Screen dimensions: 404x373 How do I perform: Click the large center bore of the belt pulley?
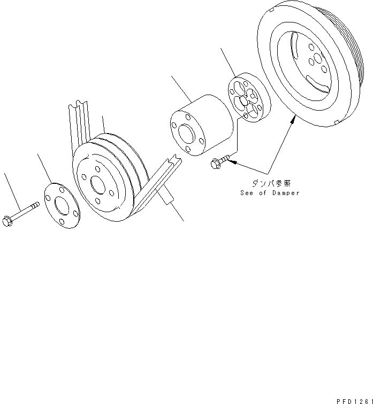tap(98, 184)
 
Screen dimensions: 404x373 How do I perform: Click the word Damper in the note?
tap(285, 193)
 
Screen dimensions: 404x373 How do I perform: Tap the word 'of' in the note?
tap(264, 193)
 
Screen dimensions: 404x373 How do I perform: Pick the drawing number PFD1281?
tap(354, 399)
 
